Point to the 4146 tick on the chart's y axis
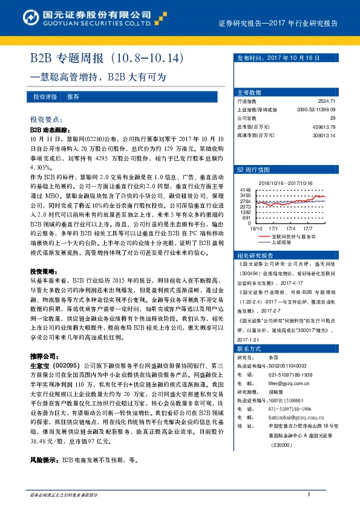(245, 189)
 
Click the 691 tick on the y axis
(247, 218)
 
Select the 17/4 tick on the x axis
(290, 228)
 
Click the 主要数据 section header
(249, 92)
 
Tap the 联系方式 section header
(249, 349)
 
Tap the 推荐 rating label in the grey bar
(73, 97)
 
